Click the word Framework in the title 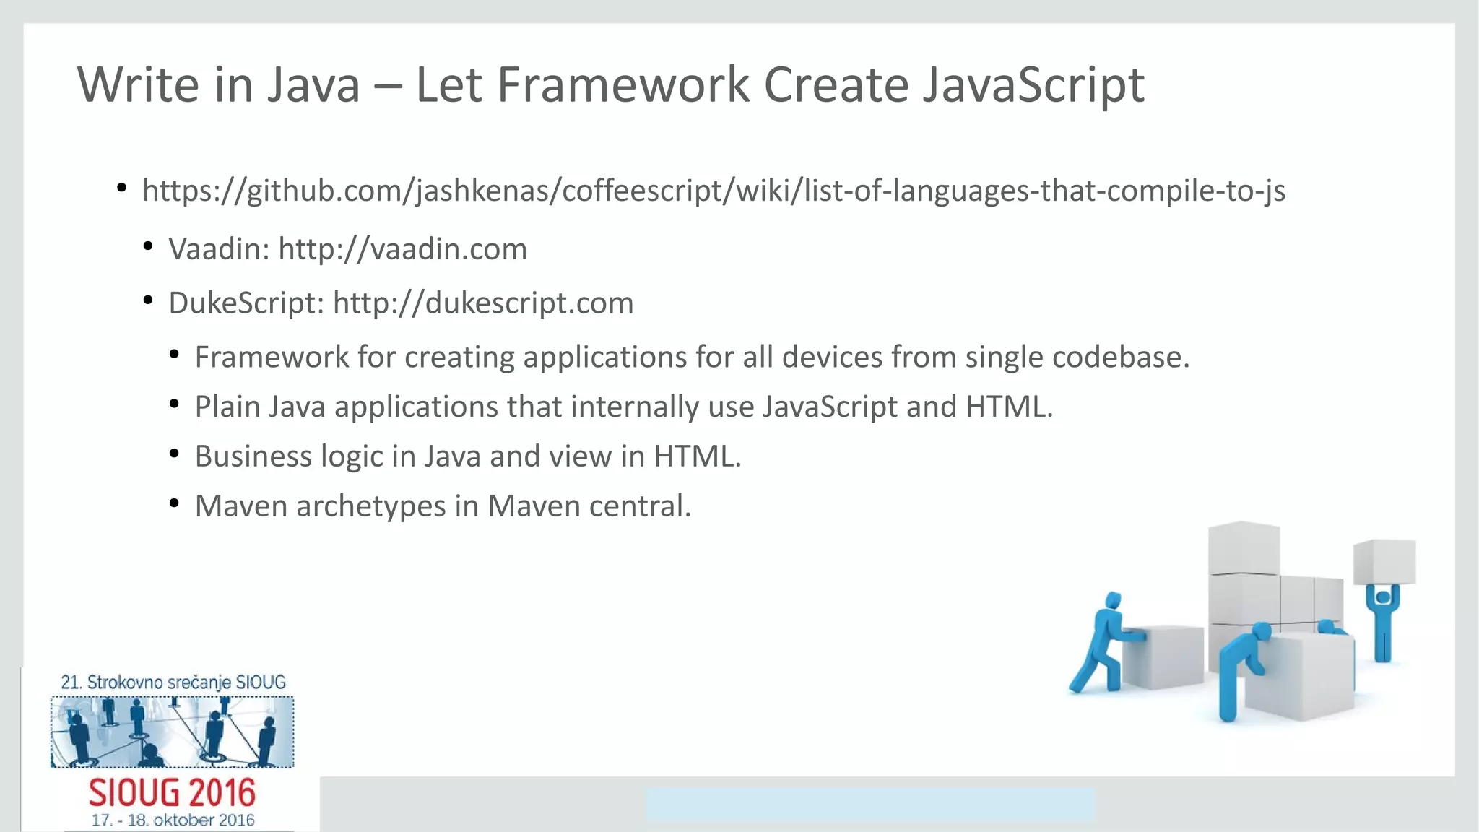[x=624, y=85]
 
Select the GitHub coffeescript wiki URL [x=714, y=191]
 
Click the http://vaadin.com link [x=402, y=249]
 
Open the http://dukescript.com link [x=482, y=303]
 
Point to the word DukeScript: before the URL [x=246, y=303]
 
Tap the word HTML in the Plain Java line [x=1008, y=407]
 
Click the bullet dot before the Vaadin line [x=148, y=247]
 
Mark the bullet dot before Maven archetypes [x=174, y=503]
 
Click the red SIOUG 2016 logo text [x=172, y=793]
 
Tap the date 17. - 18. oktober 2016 [x=173, y=820]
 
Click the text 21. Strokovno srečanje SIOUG [x=173, y=682]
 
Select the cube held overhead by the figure [x=1384, y=561]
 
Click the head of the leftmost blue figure [x=1113, y=600]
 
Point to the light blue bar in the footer [x=869, y=804]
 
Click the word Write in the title [x=137, y=85]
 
